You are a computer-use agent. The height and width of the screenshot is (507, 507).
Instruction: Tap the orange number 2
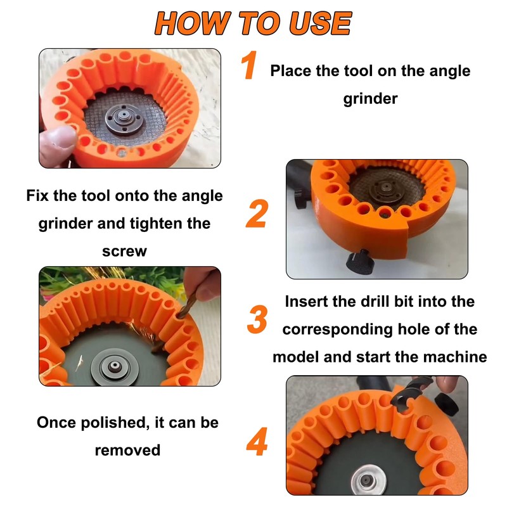point(257,214)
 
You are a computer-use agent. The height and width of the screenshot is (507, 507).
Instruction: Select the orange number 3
point(257,319)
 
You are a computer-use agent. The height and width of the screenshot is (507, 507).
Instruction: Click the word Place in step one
point(290,70)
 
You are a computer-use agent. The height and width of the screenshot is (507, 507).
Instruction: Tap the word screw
point(124,251)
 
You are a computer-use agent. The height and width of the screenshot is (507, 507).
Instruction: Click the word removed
point(127,450)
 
